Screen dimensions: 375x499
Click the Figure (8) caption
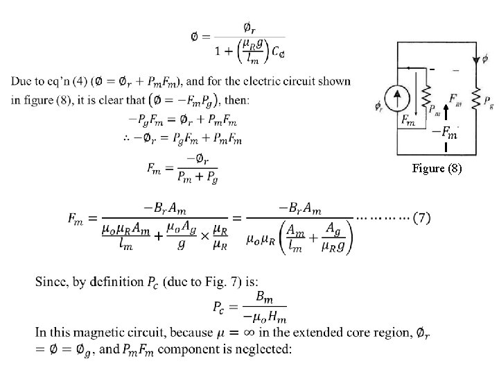(x=436, y=168)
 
